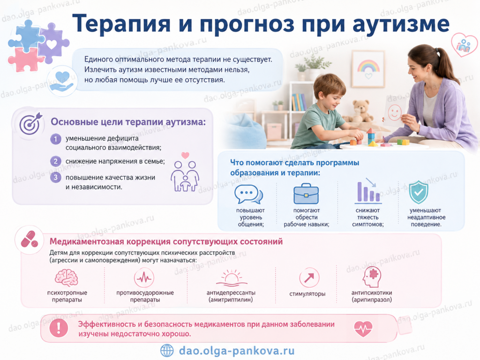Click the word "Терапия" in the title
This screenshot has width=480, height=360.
(x=121, y=24)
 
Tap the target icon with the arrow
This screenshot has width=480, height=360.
(x=30, y=123)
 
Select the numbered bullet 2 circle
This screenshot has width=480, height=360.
(x=55, y=161)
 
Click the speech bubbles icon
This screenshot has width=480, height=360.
(x=248, y=194)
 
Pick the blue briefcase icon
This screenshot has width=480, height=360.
(x=306, y=194)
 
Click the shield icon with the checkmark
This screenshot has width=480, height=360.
(x=419, y=192)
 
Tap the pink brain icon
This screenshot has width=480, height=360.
(x=67, y=277)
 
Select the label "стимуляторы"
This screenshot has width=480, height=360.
(x=307, y=294)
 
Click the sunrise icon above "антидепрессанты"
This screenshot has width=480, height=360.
(x=232, y=277)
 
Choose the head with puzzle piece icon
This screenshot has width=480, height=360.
(x=372, y=277)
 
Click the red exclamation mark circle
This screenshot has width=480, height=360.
(x=59, y=328)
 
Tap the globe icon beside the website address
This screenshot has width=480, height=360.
(x=167, y=351)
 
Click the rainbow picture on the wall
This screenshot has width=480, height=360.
(x=368, y=69)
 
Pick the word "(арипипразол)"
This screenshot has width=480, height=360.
(x=372, y=300)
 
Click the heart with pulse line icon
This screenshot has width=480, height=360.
(x=363, y=329)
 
